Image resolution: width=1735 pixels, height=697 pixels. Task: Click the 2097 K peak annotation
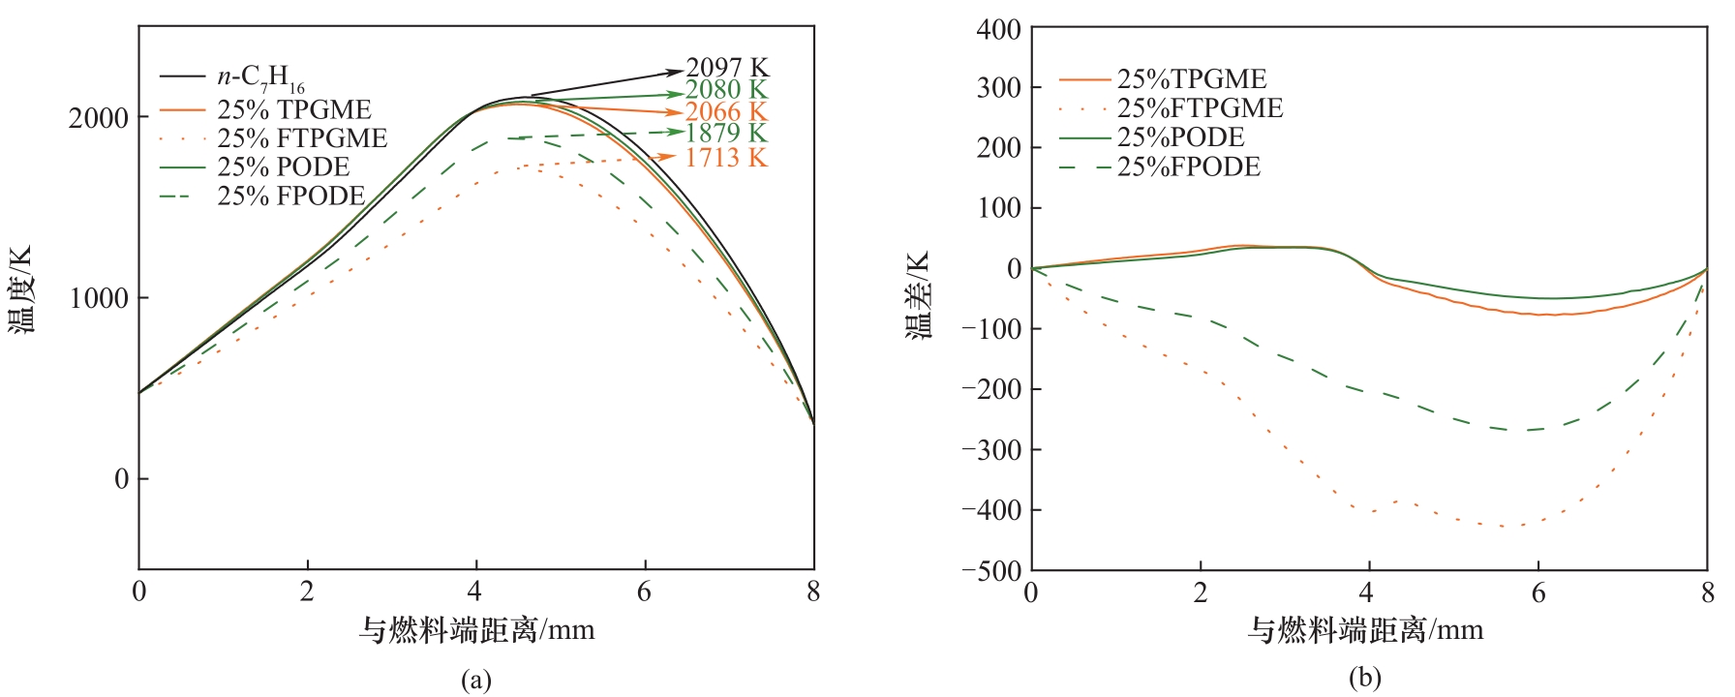(x=727, y=68)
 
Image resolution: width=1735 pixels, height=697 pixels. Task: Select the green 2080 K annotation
(x=726, y=90)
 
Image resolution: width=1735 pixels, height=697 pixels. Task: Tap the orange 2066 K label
(x=726, y=112)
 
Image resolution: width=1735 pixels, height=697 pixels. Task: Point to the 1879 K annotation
(x=726, y=134)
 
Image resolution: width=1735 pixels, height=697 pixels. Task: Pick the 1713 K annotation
(x=726, y=158)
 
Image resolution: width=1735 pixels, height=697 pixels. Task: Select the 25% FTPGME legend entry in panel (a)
(x=302, y=138)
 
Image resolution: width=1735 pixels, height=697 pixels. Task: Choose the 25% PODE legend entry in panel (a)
(x=283, y=167)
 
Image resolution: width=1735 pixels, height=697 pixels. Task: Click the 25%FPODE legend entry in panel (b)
(x=1189, y=167)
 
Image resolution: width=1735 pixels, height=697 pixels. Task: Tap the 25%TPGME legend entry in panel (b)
(x=1192, y=79)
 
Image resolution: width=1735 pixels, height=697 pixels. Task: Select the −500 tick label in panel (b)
(x=990, y=570)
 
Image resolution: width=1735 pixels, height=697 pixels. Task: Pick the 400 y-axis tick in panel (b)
(x=998, y=30)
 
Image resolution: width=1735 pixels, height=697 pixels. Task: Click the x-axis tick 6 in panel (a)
(x=644, y=591)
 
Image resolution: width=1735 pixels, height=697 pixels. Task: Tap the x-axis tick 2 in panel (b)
(x=1201, y=592)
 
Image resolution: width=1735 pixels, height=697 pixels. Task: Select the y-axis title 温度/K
(x=21, y=289)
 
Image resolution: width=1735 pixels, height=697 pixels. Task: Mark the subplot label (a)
(x=475, y=680)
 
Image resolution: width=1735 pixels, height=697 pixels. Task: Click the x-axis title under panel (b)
(x=1365, y=631)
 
